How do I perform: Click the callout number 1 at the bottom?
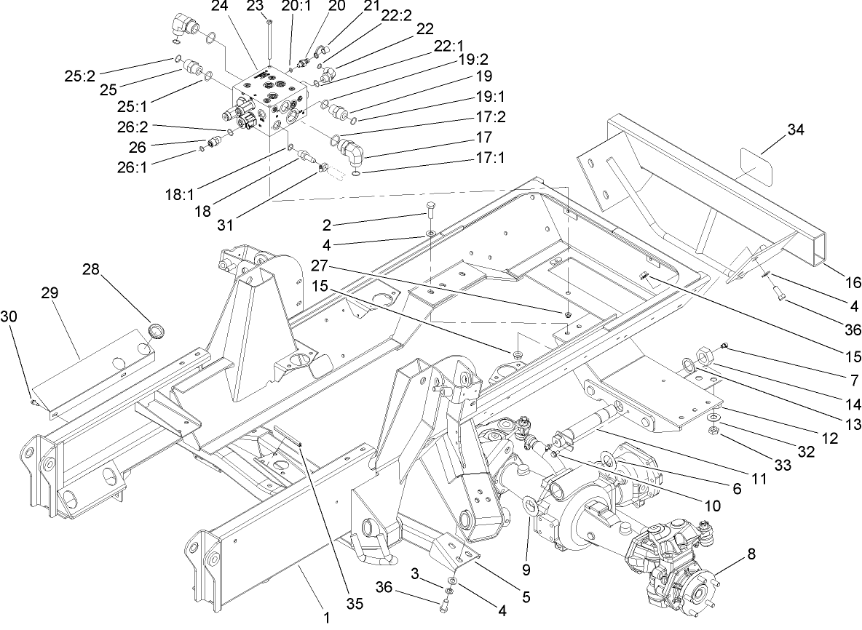(x=327, y=618)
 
